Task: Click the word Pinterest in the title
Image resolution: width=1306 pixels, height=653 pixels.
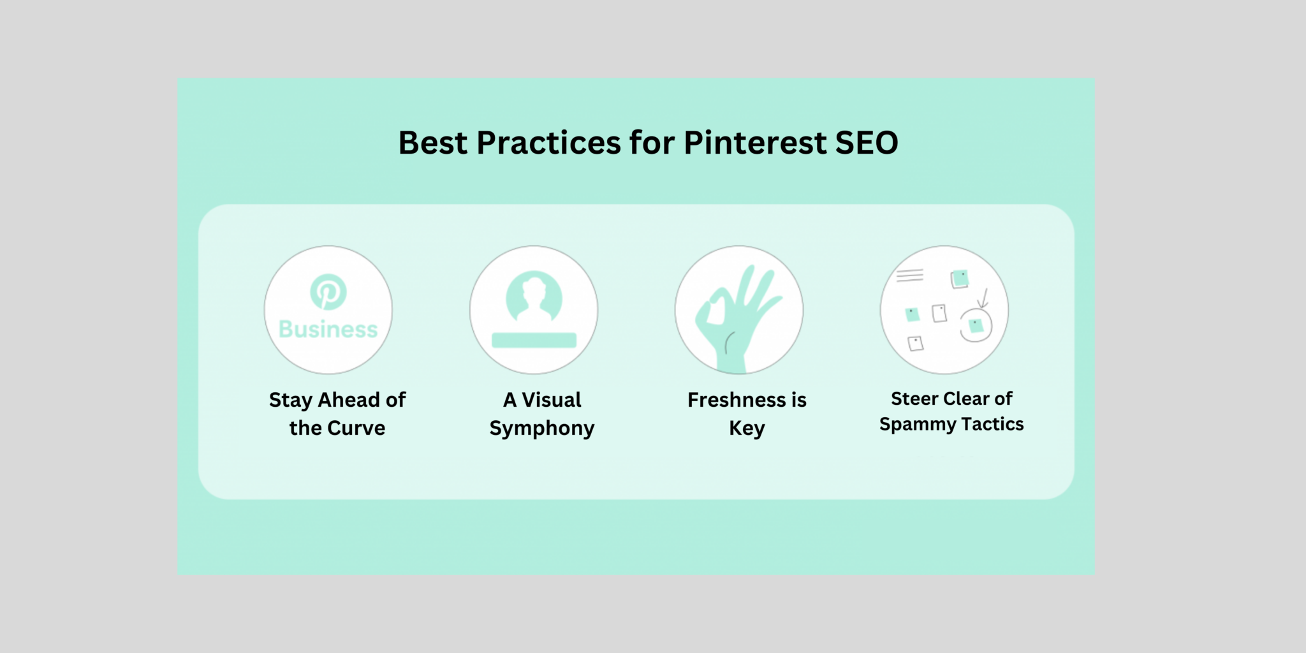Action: (755, 143)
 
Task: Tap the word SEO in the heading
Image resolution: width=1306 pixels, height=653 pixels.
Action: (867, 143)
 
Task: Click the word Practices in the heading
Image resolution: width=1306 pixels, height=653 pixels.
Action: (548, 143)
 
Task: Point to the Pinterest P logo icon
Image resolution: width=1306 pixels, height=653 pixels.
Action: (328, 292)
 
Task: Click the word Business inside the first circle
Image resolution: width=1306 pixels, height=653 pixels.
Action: (328, 329)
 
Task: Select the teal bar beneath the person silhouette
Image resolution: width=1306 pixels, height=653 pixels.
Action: (534, 340)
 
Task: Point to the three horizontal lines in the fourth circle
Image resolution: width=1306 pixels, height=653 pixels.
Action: (909, 275)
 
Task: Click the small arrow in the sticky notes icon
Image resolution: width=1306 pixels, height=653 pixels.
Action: (983, 297)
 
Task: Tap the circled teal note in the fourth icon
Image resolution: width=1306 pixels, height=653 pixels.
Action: (976, 326)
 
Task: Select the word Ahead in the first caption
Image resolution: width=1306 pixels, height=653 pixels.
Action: (349, 400)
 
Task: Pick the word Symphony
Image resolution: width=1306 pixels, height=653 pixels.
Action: (541, 429)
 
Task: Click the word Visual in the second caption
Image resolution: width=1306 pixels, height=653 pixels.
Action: (552, 400)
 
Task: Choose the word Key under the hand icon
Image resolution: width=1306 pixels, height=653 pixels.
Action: (747, 429)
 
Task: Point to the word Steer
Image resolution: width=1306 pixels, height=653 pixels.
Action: (914, 399)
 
